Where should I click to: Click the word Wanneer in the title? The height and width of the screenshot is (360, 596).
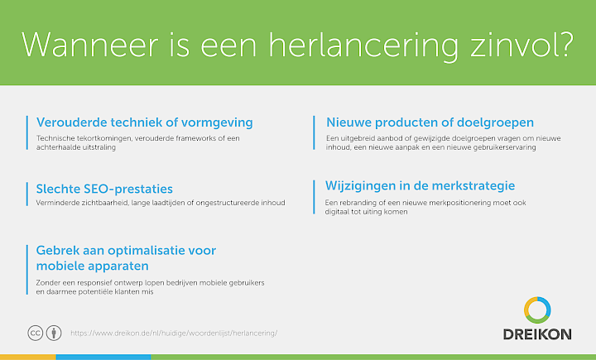click(x=89, y=46)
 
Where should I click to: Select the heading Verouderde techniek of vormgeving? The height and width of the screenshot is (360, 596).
click(x=144, y=122)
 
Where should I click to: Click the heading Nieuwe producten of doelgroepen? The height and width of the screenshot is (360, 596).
click(x=430, y=122)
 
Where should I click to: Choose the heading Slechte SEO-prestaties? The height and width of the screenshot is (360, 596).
click(x=104, y=189)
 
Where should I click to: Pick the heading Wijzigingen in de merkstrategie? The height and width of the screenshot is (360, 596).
click(x=420, y=186)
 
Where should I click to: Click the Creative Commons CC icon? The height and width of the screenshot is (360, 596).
click(x=36, y=333)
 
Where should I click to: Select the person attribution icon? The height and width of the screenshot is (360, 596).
click(x=54, y=333)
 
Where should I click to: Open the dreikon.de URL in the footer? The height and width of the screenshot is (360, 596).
click(x=174, y=334)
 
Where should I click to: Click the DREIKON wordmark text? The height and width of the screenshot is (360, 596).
click(x=537, y=334)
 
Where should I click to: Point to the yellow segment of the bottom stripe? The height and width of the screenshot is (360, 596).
click(x=28, y=358)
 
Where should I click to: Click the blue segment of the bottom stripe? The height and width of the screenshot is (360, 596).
click(x=103, y=358)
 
